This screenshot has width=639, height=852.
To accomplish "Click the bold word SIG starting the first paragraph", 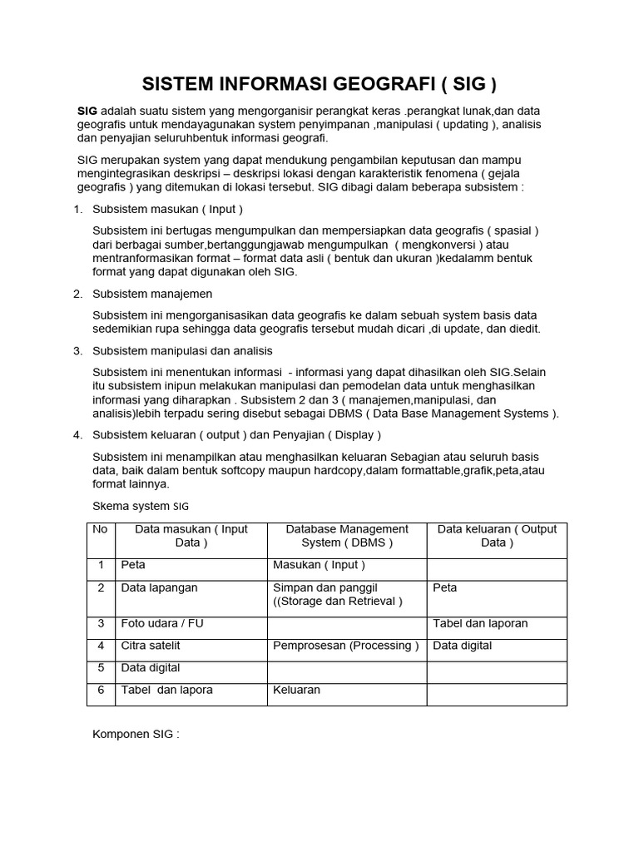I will (87, 111).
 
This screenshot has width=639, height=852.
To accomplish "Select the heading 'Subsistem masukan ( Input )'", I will (167, 209).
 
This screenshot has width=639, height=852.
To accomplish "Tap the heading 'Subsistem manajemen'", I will (152, 293).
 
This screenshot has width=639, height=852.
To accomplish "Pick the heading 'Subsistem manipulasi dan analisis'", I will (182, 351).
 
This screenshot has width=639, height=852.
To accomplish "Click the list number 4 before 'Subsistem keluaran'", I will (77, 434).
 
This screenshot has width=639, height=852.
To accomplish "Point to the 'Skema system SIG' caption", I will (141, 505).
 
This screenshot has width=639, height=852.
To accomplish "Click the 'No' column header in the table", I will (100, 529).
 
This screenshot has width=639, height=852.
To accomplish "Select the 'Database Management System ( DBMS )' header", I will (347, 536).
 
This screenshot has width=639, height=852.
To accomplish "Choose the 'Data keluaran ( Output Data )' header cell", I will (497, 536).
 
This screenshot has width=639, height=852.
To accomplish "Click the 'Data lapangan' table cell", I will (159, 587).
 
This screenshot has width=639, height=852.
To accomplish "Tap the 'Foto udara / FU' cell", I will (161, 623).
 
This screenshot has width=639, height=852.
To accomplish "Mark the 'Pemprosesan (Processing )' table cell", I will (346, 645).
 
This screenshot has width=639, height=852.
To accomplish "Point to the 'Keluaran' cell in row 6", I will (296, 690).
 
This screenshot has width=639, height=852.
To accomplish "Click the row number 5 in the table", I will (100, 667).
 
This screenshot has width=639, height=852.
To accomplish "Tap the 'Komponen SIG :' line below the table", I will (136, 735).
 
